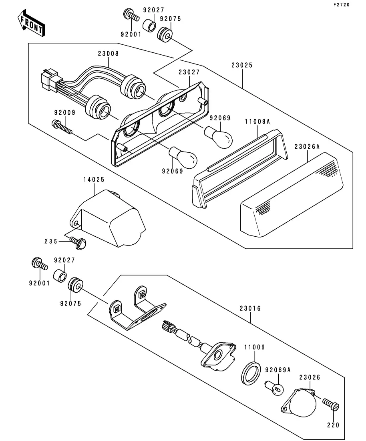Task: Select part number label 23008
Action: point(108,54)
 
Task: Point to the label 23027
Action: point(189,72)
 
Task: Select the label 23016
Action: point(250,308)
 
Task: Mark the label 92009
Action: point(65,113)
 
